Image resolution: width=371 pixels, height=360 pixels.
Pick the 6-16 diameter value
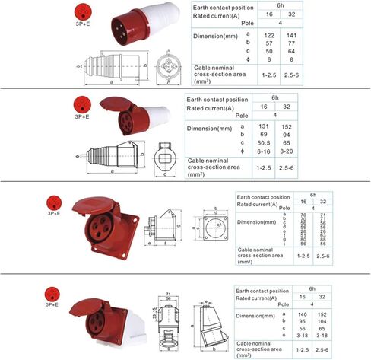click(x=265, y=151)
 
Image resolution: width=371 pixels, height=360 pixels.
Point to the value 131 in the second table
click(x=265, y=126)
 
